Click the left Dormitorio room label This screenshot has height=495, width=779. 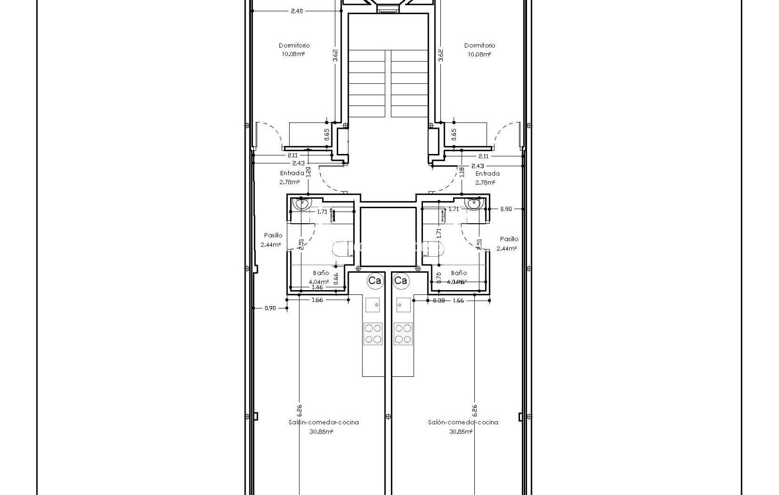tap(294, 45)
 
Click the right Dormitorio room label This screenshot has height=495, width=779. tap(479, 45)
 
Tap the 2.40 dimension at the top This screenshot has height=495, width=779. tap(296, 11)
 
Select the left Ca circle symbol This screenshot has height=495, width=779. tap(375, 280)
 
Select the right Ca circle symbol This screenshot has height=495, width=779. tap(401, 280)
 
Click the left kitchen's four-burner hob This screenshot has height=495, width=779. tap(373, 334)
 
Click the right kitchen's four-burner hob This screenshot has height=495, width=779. tap(403, 334)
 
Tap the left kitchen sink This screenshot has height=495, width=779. tap(373, 305)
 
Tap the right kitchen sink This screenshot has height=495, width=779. tap(403, 305)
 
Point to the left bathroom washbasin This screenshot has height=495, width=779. tap(302, 203)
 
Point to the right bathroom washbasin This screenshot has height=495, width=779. tap(473, 203)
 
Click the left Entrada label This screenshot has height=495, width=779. tap(292, 173)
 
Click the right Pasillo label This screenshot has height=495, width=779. tap(509, 239)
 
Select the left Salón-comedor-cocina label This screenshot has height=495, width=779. tap(324, 422)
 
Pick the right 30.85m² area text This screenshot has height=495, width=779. tap(461, 432)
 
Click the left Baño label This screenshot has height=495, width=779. tap(321, 273)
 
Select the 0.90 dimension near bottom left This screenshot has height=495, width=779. tap(270, 308)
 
